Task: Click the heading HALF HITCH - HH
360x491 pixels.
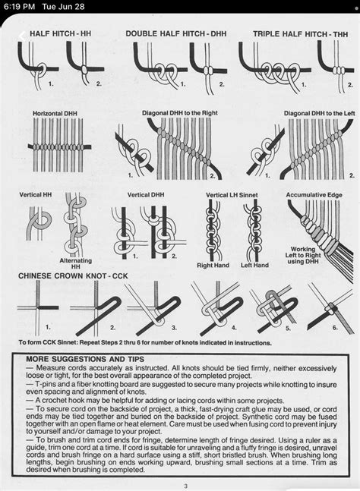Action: click(x=60, y=34)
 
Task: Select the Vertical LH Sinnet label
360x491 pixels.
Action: click(x=232, y=195)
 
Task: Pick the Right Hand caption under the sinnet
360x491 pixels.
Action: click(x=213, y=266)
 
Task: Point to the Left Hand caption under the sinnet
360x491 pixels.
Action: click(x=254, y=266)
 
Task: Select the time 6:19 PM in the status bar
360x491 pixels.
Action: click(x=18, y=7)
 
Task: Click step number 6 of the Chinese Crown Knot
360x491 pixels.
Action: click(x=334, y=329)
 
